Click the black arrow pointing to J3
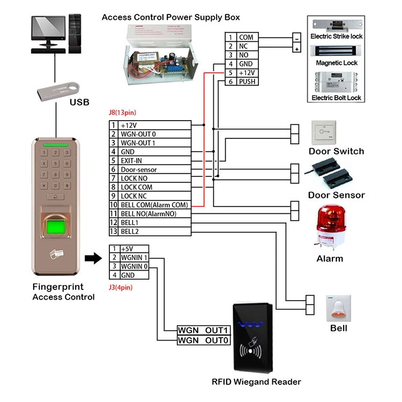tap(93, 259)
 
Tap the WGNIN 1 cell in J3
tap(134, 258)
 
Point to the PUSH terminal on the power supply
tap(247, 82)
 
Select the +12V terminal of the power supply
tap(247, 73)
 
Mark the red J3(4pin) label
tap(121, 287)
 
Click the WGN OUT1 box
tap(204, 331)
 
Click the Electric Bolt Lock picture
tap(337, 81)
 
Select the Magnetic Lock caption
tap(337, 63)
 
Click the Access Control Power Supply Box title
tap(171, 17)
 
